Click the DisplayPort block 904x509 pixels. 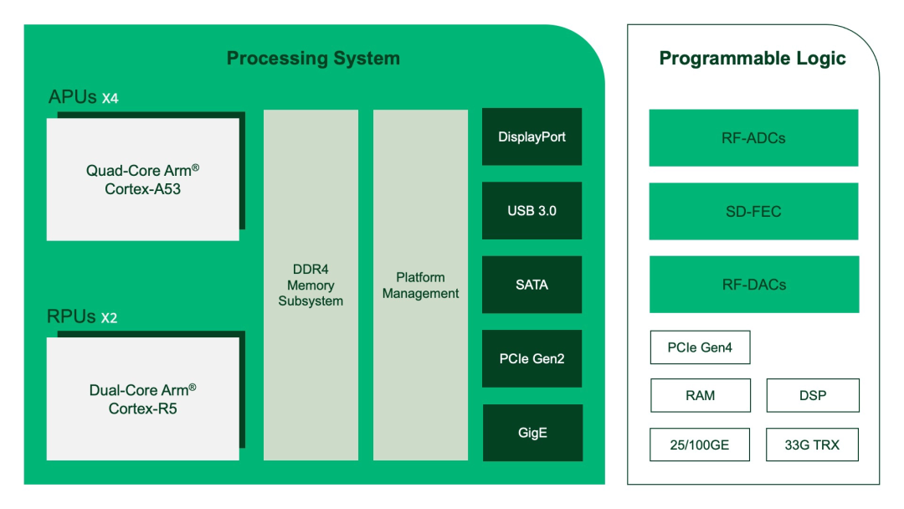(532, 136)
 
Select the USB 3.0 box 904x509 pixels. (532, 211)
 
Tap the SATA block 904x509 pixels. (532, 285)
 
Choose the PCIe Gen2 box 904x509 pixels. (532, 358)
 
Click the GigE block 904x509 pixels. (532, 433)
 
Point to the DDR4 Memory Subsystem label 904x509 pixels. (311, 285)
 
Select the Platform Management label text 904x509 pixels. (420, 285)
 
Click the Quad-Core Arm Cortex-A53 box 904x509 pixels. (142, 179)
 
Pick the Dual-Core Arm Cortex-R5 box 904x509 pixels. (142, 398)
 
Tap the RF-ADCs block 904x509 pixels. (753, 138)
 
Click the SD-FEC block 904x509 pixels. (753, 212)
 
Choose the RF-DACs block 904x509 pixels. (753, 285)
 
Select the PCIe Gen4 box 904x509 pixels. (700, 347)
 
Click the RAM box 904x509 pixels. (700, 395)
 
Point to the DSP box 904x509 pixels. (812, 395)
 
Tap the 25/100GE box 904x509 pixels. (700, 445)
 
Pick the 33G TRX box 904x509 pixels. (812, 445)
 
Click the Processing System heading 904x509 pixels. (313, 59)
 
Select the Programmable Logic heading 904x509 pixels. (752, 59)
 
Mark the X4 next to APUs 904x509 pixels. (110, 99)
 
